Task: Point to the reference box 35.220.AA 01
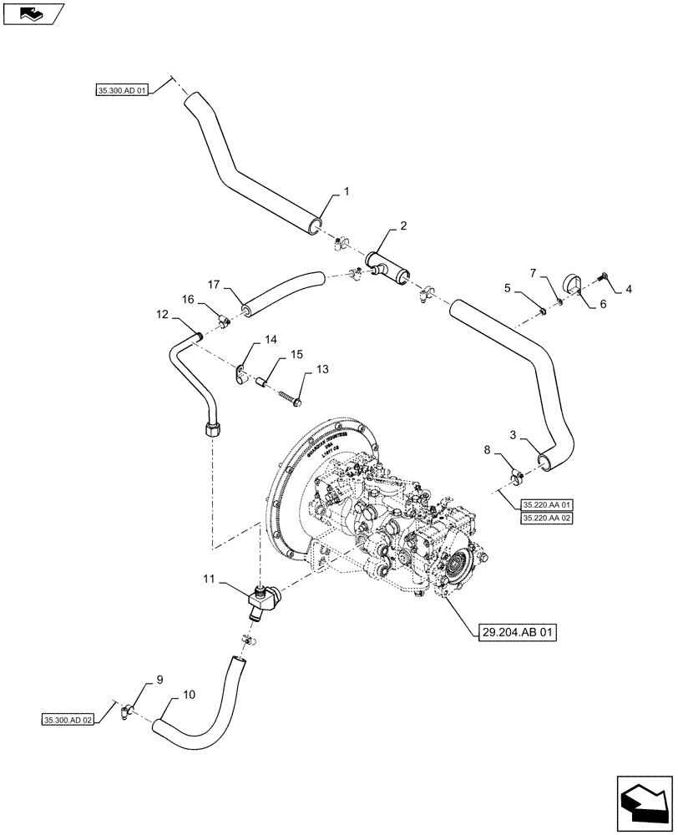(547, 505)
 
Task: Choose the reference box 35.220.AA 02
(547, 519)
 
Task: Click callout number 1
(347, 191)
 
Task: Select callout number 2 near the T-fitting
(403, 225)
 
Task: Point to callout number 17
(213, 283)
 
